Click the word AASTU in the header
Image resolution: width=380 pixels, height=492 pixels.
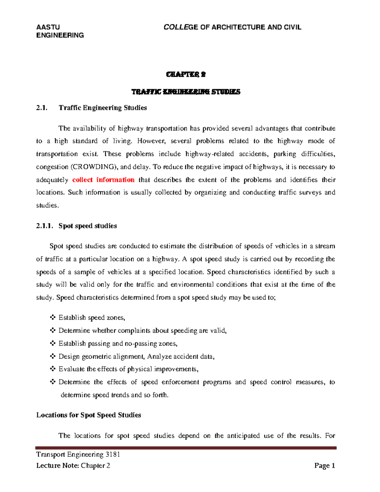pos(48,27)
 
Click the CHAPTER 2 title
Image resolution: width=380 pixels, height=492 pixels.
pos(186,74)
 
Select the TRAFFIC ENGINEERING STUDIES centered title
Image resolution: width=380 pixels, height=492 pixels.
pos(186,92)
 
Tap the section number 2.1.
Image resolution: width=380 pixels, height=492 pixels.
pos(42,108)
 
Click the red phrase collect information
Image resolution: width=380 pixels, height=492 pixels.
pos(103,180)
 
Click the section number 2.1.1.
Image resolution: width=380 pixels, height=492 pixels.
pos(44,226)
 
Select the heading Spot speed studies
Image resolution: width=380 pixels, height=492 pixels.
pos(88,226)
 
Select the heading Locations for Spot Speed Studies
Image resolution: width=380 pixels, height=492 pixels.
pos(89,415)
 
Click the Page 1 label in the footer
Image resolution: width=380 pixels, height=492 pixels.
pos(325,465)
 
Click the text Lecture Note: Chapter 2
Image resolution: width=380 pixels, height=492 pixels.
pos(73,465)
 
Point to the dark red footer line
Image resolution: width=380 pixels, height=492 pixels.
pos(186,448)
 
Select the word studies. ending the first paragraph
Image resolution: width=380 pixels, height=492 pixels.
pos(47,206)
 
